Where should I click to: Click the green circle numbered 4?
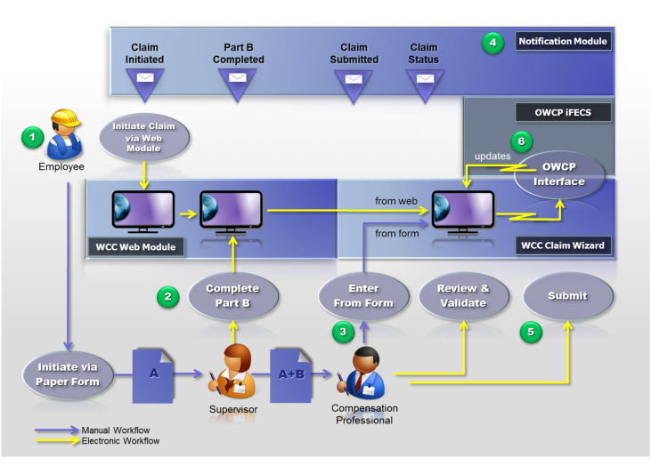[x=492, y=43]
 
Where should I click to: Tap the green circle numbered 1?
[x=33, y=137]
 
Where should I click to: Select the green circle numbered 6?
[x=522, y=141]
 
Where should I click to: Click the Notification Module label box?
[x=563, y=41]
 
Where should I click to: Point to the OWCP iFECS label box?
[x=563, y=112]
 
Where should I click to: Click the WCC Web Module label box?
[x=135, y=247]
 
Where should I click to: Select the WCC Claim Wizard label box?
[x=563, y=245]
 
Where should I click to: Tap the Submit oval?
[x=567, y=295]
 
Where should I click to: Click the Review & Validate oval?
[x=463, y=295]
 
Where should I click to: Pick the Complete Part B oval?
[x=233, y=295]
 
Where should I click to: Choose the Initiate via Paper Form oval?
[x=68, y=374]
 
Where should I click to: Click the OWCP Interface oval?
[x=559, y=174]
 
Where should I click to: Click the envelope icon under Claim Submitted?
[x=354, y=79]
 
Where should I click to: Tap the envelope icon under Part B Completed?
[x=238, y=77]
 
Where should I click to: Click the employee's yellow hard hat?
[x=65, y=117]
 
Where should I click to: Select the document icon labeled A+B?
[x=290, y=375]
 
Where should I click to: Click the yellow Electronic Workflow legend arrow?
[x=57, y=440]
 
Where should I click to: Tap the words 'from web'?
[x=396, y=201]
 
